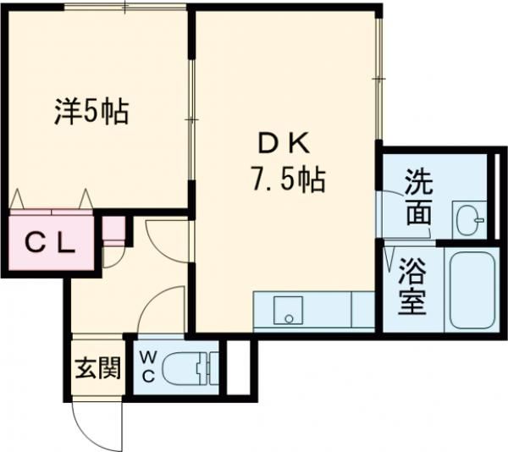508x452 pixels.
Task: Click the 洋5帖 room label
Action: [91, 112]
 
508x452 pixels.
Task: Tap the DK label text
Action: [284, 143]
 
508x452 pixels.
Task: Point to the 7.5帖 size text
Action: [287, 179]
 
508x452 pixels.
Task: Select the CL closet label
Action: [51, 244]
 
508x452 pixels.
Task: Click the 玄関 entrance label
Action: [98, 368]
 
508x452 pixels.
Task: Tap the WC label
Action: [147, 367]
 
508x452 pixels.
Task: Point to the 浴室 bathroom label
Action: [411, 287]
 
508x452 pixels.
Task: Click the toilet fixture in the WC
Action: [190, 368]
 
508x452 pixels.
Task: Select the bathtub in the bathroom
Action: [472, 289]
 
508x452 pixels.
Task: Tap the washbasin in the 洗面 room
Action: [469, 219]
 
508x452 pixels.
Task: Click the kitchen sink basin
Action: [288, 310]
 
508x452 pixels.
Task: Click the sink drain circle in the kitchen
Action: [289, 319]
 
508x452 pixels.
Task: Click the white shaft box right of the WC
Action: [239, 367]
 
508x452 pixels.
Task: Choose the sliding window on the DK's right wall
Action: [378, 79]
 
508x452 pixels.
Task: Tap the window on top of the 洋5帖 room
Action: [125, 6]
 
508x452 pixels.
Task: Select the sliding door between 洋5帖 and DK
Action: [192, 120]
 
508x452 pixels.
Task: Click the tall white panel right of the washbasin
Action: [497, 196]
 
